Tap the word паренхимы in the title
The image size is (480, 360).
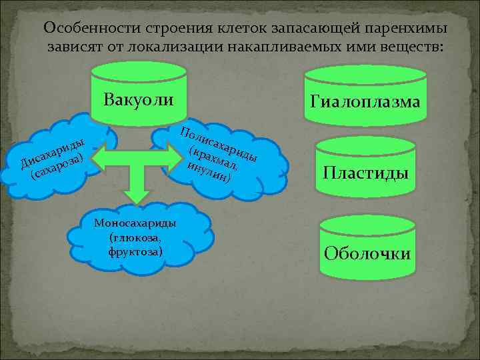coord(406,29)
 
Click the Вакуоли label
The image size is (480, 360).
coord(139,100)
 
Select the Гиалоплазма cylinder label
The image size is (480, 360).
coord(363,101)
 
